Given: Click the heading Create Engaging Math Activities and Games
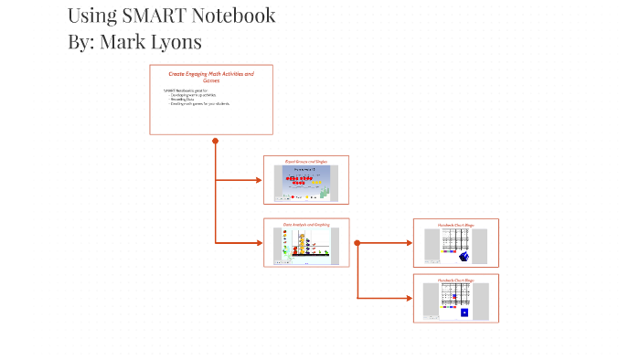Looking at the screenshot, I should [x=211, y=76].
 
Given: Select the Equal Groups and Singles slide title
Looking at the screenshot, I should [x=306, y=161].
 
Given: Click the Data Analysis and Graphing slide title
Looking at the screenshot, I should [x=306, y=224].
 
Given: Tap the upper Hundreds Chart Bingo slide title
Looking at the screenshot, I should [x=455, y=225].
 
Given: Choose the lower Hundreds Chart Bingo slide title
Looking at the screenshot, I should [x=455, y=280].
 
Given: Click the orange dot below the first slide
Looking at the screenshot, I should [x=215, y=141].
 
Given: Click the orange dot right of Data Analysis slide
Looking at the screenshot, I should [x=357, y=243].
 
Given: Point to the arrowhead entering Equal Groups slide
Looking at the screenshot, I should [x=259, y=180].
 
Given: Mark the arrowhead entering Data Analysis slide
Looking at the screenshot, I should [x=259, y=242].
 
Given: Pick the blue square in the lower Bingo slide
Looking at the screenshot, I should [x=464, y=312].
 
